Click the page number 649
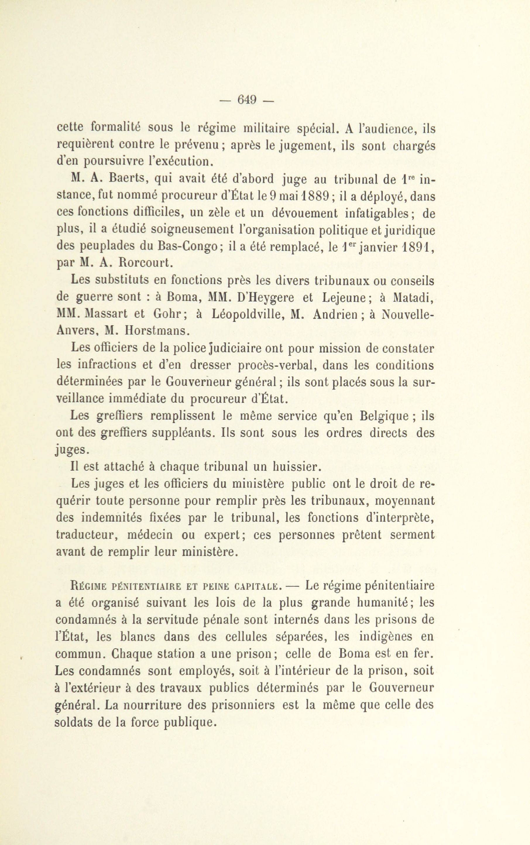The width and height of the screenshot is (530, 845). [247, 100]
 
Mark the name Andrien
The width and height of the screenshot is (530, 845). [335, 314]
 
